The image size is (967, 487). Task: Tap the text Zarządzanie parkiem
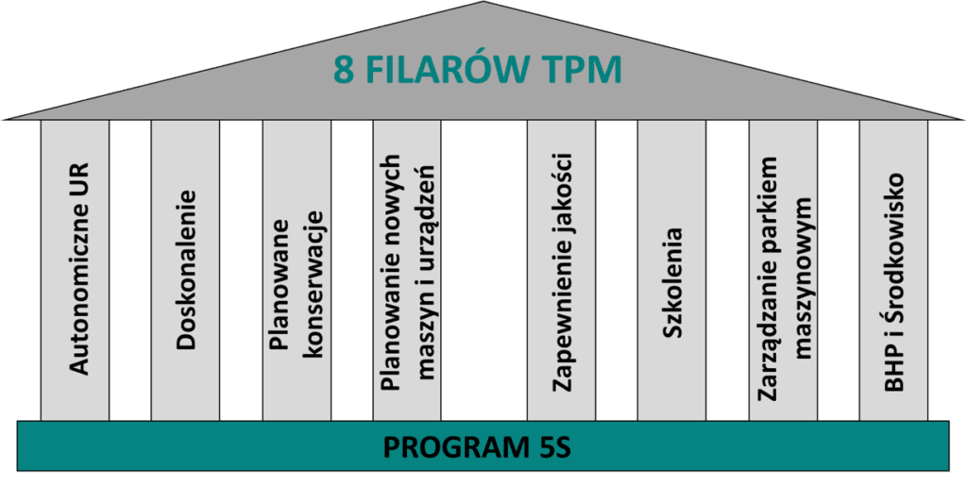click(x=768, y=273)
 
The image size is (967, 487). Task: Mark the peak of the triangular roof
click(x=483, y=4)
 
